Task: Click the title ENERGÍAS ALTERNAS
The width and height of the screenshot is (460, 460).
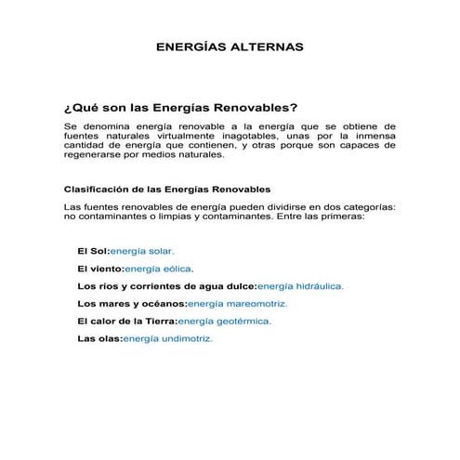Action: click(229, 46)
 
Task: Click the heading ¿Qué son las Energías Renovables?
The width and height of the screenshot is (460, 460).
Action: click(180, 107)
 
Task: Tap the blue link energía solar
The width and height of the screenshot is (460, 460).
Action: click(142, 251)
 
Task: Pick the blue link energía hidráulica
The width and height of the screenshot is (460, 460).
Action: click(300, 286)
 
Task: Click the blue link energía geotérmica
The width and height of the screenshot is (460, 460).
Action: click(225, 321)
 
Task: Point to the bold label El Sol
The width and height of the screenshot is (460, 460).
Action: click(92, 251)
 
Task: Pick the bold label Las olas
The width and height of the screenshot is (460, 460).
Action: click(99, 338)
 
